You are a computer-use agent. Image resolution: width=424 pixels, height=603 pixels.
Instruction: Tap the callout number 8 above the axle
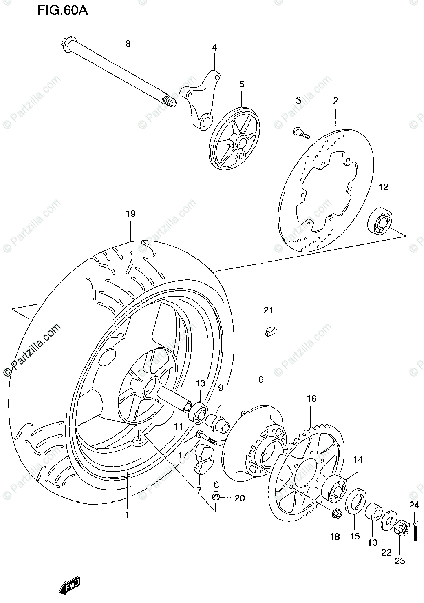(127, 44)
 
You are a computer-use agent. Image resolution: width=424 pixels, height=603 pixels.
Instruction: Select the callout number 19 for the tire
(130, 214)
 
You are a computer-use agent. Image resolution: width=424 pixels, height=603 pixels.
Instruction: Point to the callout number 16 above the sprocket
(311, 399)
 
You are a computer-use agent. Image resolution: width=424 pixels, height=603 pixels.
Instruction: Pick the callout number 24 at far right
(414, 506)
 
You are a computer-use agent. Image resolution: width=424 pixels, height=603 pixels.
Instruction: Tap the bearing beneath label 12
(381, 218)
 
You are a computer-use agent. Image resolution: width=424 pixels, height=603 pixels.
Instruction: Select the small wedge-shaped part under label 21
(270, 330)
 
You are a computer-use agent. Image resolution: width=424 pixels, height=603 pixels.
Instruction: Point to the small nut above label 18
(337, 513)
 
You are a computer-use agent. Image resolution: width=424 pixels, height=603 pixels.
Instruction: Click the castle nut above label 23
(400, 529)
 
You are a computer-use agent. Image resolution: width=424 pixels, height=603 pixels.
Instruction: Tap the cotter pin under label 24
(416, 530)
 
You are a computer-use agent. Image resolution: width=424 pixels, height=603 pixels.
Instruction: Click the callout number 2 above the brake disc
(335, 101)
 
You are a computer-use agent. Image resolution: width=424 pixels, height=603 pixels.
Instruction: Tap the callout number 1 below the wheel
(127, 515)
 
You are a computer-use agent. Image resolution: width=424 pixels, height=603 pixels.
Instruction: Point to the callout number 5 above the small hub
(242, 84)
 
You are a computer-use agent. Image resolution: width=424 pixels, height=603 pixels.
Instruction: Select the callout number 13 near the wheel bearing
(200, 384)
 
